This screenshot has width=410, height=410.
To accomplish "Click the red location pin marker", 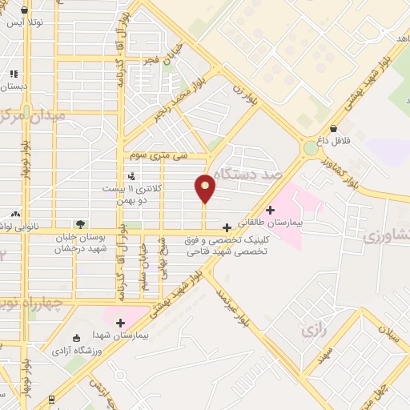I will [206, 187].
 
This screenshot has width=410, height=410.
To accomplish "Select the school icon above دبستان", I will [13, 72].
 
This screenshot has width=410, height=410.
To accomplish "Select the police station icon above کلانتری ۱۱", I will [131, 175].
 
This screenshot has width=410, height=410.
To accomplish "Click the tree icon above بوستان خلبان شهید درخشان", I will [79, 224].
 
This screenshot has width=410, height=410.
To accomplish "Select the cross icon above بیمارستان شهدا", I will [121, 324].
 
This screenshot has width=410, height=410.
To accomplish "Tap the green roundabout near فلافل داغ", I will [310, 147].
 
